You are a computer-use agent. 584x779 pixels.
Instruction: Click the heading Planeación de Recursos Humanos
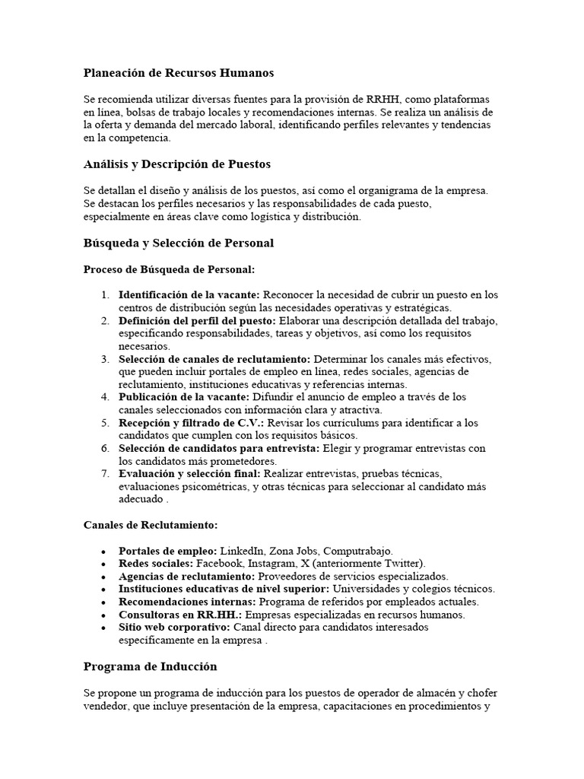point(178,73)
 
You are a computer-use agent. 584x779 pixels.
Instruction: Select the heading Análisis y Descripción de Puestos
point(176,164)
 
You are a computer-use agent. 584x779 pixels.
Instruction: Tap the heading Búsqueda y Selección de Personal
point(178,243)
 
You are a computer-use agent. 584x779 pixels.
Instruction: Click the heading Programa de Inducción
point(150,666)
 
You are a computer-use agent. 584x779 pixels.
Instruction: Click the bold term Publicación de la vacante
point(182,397)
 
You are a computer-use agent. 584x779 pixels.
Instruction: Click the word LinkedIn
point(242,550)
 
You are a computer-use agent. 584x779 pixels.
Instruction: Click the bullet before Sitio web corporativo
point(103,628)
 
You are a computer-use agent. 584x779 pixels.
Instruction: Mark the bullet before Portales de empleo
point(103,551)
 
